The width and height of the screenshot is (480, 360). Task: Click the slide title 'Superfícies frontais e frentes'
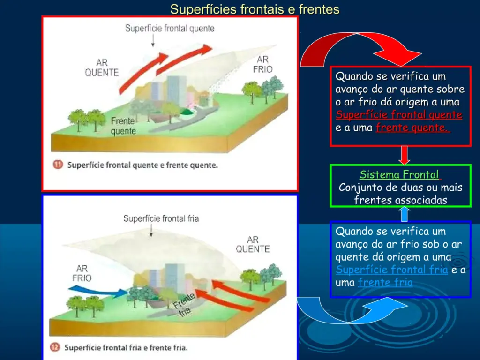[x=255, y=9]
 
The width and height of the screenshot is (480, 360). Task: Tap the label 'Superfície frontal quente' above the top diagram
[x=170, y=29]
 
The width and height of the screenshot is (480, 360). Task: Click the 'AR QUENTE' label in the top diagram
[x=102, y=67]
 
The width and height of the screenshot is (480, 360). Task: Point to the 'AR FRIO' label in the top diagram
[x=262, y=64]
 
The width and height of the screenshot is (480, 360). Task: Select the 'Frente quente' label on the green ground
[x=123, y=126]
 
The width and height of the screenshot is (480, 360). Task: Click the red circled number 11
[x=58, y=165]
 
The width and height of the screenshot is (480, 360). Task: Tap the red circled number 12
[x=54, y=347]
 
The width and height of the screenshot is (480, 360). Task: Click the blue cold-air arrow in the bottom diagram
[x=97, y=291]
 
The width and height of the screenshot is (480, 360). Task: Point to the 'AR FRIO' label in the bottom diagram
[x=82, y=273]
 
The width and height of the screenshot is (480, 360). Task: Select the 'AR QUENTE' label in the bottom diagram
[x=253, y=244]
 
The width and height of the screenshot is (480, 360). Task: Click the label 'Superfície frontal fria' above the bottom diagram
[x=161, y=218]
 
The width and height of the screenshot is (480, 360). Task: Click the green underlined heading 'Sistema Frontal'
[x=399, y=174]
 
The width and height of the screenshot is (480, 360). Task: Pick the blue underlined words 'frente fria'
[x=385, y=282]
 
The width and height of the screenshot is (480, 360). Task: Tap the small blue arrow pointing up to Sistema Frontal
[x=404, y=214]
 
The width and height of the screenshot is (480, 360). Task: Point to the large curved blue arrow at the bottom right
[x=352, y=311]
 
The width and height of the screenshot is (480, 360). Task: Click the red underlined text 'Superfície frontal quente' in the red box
[x=399, y=114]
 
